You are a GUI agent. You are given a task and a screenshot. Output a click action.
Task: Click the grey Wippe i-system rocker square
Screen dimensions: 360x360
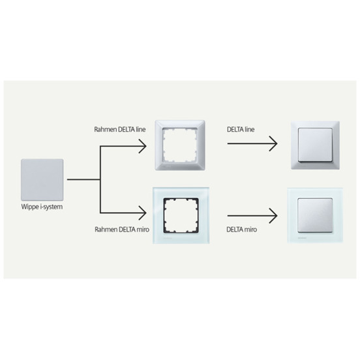tap(42, 179)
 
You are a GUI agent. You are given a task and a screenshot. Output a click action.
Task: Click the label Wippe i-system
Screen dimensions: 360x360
tap(42, 207)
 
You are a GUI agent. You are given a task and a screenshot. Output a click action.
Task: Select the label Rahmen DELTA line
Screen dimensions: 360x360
tap(119, 129)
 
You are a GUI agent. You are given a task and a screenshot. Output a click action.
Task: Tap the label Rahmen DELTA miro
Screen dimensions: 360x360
tap(122, 230)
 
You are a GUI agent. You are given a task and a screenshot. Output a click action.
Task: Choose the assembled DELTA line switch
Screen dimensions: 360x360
tap(315, 145)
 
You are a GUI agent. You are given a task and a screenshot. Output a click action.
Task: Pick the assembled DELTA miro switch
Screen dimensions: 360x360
tap(315, 215)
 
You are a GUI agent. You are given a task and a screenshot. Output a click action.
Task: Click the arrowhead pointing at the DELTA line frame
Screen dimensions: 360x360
tap(143, 146)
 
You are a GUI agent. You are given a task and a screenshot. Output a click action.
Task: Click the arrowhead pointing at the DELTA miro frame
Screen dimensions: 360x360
tap(143, 213)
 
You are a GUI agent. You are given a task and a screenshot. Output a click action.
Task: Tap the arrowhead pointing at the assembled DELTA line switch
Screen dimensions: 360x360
tap(274, 143)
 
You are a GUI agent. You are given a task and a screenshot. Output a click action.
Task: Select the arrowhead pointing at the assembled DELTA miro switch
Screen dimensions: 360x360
tap(274, 216)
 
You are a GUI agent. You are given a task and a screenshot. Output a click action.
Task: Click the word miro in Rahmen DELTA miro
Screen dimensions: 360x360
tap(143, 230)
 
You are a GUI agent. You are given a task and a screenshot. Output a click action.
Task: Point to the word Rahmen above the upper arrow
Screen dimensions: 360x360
tap(105, 129)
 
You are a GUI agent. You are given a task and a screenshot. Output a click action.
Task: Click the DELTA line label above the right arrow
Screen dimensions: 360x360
tap(241, 129)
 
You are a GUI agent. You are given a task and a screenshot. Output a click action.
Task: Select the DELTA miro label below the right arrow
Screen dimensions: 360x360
tap(241, 230)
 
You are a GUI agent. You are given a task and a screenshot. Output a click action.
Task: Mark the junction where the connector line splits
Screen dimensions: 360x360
tap(100, 179)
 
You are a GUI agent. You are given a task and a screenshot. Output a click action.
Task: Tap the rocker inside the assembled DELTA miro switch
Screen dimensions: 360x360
tap(315, 215)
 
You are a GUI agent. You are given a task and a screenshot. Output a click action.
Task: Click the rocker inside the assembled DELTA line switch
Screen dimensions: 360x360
tap(315, 145)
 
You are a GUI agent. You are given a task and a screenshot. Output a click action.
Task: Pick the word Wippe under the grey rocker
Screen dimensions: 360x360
tap(30, 207)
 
